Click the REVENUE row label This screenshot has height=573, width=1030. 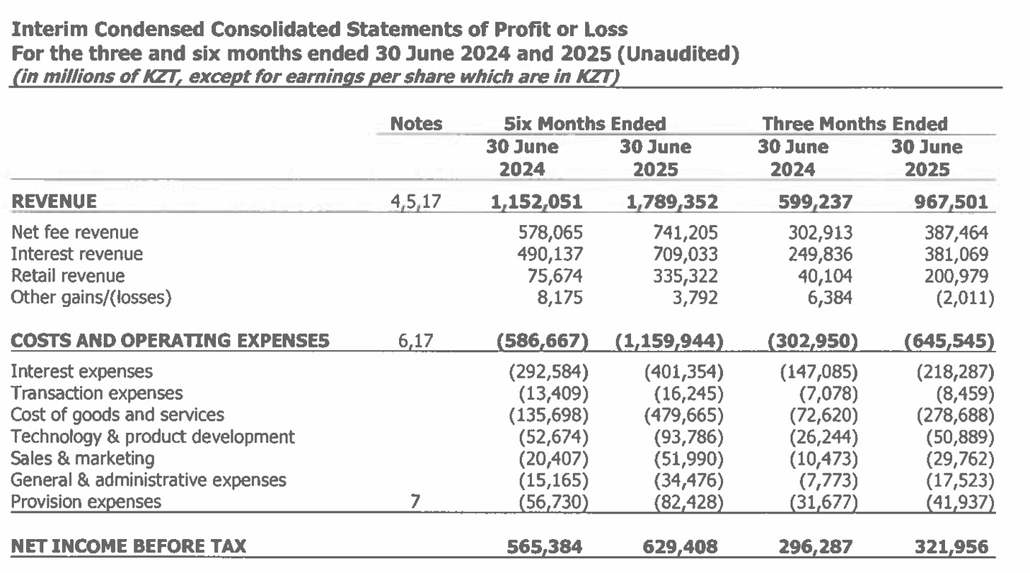[x=54, y=202]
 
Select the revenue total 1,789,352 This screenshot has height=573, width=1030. [x=672, y=202]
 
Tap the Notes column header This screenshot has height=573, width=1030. [x=416, y=125]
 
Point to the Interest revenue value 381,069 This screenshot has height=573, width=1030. [x=955, y=254]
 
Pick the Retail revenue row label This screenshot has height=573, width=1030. [x=67, y=276]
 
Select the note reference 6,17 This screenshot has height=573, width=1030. [x=416, y=342]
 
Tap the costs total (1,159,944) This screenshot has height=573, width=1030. [x=669, y=342]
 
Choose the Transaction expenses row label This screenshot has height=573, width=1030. [x=96, y=393]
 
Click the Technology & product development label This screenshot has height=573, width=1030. [x=152, y=437]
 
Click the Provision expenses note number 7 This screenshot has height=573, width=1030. [x=415, y=502]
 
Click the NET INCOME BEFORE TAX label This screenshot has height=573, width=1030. [x=129, y=547]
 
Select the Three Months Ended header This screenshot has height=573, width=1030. [x=855, y=125]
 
